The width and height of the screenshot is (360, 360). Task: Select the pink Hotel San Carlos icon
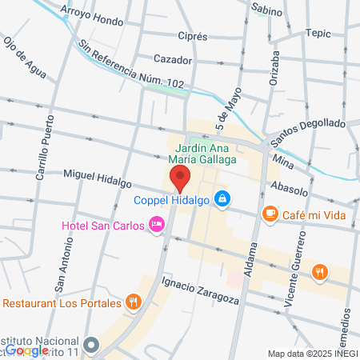(158, 225)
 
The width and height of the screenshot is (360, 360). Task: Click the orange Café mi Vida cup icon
(270, 213)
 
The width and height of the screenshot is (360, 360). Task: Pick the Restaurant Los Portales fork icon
(134, 302)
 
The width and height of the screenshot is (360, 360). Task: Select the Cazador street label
(174, 59)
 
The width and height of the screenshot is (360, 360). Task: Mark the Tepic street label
(317, 33)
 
